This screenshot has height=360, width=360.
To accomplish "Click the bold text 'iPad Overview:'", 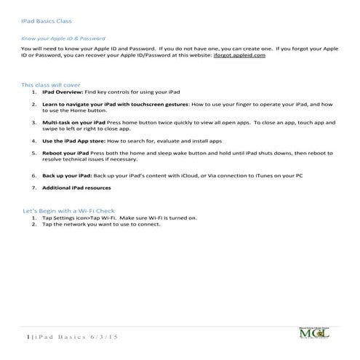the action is click(x=63, y=93).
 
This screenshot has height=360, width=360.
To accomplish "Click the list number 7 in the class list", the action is click(x=33, y=188).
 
